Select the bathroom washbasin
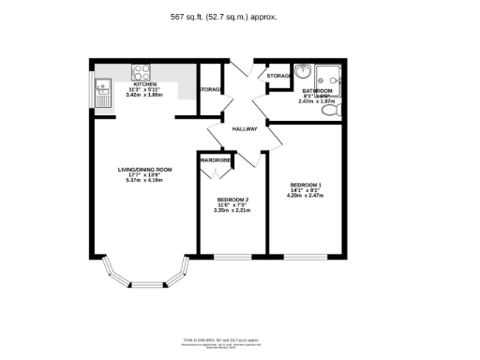tap(305, 73)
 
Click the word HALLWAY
tap(245, 129)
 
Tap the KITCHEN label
tap(144, 84)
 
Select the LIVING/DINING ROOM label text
tap(143, 170)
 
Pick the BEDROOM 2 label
tap(232, 200)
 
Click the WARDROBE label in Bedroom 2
tap(215, 160)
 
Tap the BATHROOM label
tap(318, 90)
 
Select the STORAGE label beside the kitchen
tap(210, 90)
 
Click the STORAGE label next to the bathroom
tap(277, 75)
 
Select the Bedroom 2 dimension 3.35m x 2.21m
tap(232, 211)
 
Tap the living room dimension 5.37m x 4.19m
tap(143, 181)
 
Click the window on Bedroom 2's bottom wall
tap(232, 256)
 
